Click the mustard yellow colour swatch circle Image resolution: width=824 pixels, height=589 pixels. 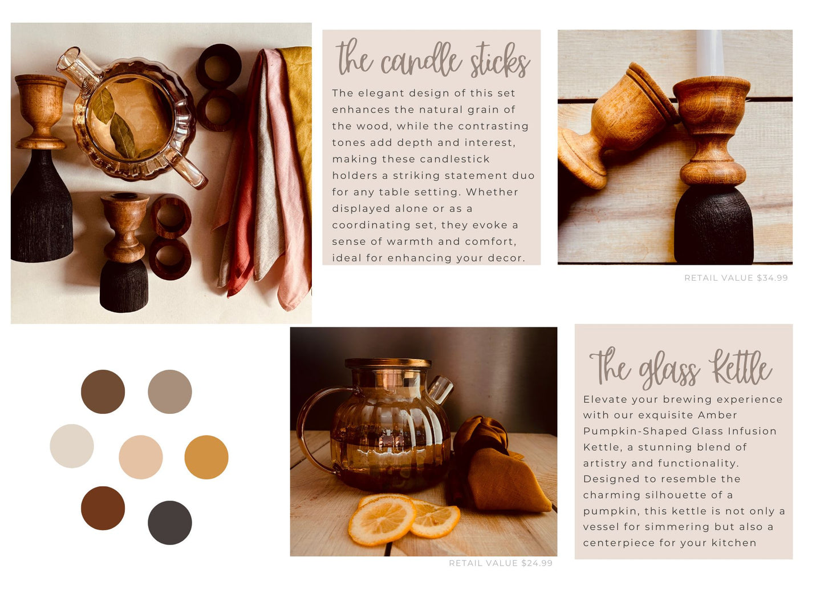click(x=206, y=457)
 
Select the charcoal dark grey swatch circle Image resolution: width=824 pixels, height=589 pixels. click(x=169, y=522)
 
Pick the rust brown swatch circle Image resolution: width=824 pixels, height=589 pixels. click(x=103, y=508)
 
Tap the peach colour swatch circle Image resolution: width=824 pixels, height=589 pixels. click(x=140, y=457)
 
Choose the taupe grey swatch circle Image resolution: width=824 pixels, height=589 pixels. click(x=169, y=392)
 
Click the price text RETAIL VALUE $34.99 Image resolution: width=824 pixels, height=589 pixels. click(x=736, y=278)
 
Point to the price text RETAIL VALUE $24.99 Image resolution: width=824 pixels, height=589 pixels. click(x=501, y=563)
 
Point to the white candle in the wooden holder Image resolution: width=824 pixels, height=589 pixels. click(x=710, y=54)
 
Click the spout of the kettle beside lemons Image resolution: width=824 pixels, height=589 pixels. click(x=440, y=389)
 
